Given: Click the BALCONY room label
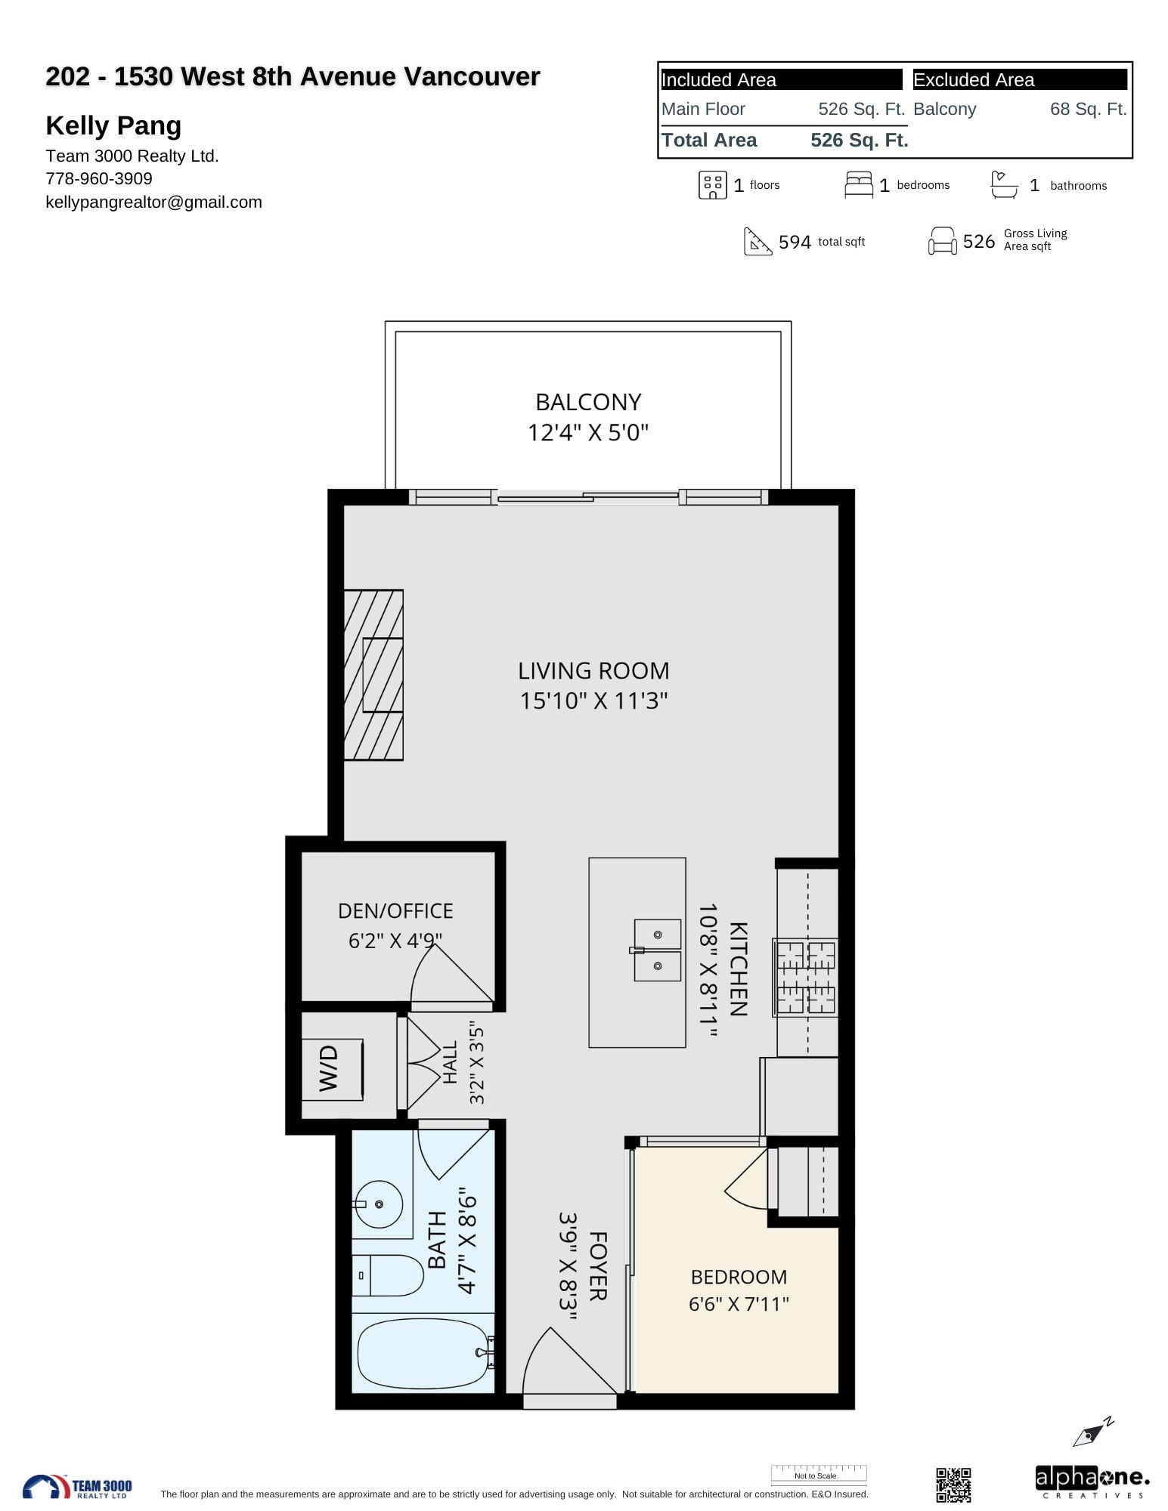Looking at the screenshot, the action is coord(588,402).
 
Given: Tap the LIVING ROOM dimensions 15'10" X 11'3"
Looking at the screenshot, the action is coord(593,701).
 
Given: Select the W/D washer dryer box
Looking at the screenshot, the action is coord(333,1069).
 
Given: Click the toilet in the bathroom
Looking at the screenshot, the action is coord(388,1275).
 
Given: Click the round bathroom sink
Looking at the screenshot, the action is coord(379,1204).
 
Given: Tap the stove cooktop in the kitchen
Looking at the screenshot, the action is coord(806,977).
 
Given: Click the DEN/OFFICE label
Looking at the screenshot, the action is coord(395,911).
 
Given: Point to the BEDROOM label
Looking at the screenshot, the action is coord(739,1277).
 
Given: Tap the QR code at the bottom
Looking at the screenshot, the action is coord(953,1485).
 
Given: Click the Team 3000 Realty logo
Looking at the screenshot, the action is coord(77,1486).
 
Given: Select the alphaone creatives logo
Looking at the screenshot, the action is coord(1092,1482).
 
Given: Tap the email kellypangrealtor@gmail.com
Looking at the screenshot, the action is coord(154,202).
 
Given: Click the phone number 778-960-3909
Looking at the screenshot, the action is coord(99,178).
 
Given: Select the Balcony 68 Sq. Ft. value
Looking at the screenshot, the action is coord(1088,109).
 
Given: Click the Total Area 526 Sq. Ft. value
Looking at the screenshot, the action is coord(860,140).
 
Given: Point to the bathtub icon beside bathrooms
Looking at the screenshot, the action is coord(1004,184).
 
